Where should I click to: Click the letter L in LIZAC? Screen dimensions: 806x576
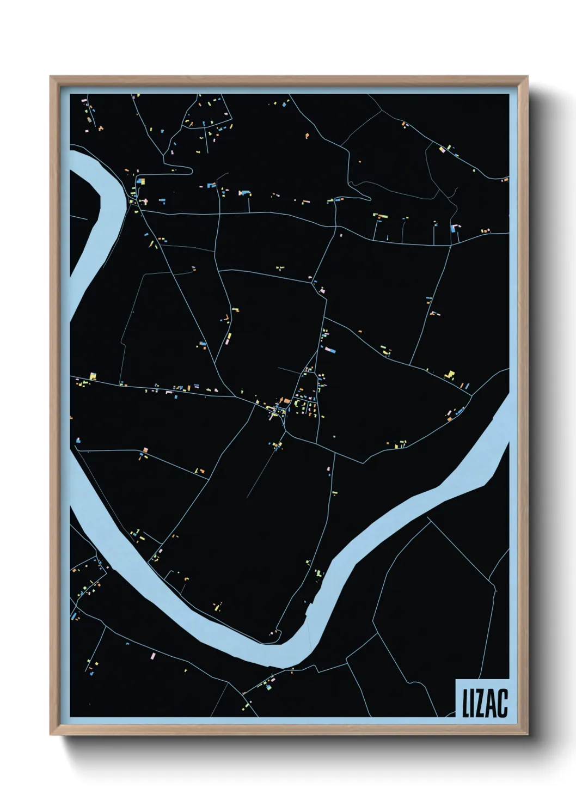pyautogui.click(x=467, y=704)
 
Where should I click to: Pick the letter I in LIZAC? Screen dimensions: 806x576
pyautogui.click(x=474, y=704)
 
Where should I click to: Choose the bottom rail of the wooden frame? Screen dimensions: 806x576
pyautogui.click(x=289, y=731)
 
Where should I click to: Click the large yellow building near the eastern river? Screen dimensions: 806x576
pyautogui.click(x=450, y=375)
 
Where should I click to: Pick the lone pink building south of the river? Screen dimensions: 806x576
pyautogui.click(x=154, y=656)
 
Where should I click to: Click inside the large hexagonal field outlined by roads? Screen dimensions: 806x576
pyautogui.click(x=436, y=610)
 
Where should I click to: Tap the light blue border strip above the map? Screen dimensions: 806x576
pyautogui.click(x=289, y=90)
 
